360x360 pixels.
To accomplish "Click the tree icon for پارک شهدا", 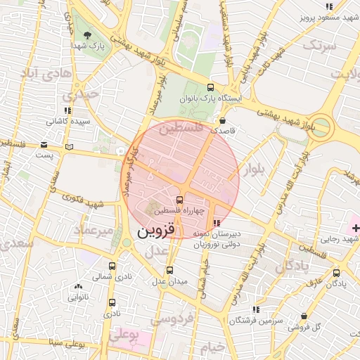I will tap(86, 35).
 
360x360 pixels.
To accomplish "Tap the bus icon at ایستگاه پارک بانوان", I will tap(210, 88).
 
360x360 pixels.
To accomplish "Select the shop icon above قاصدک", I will tap(223, 120).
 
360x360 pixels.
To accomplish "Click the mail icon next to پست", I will tap(68, 146).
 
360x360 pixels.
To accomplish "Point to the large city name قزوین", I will tap(153, 231).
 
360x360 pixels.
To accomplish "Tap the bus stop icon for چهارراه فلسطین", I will tap(180, 200).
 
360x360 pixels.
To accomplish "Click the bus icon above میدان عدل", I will tap(169, 269).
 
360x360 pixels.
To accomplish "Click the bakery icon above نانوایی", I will tap(77, 287).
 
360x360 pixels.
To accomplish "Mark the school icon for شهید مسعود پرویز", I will tap(328, 6).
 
